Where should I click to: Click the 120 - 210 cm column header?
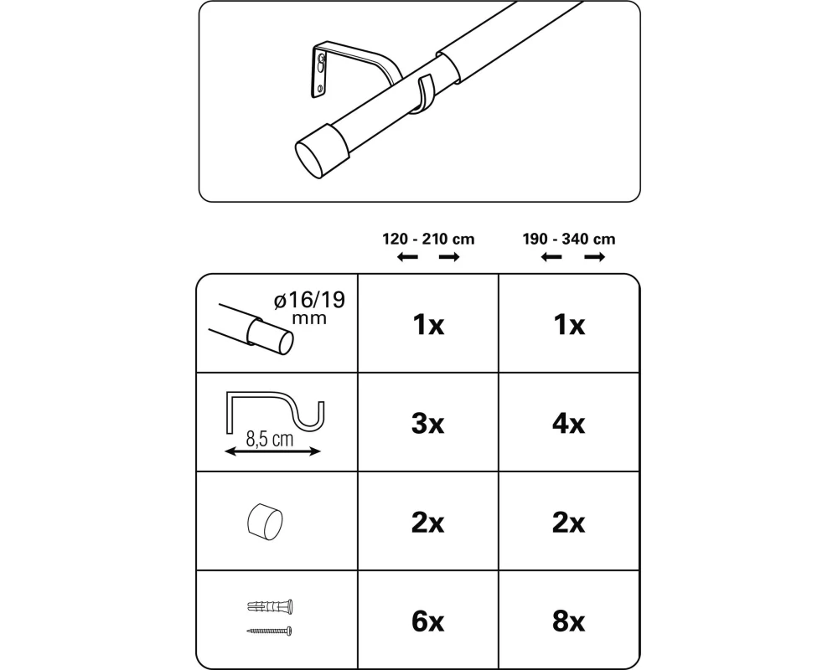(x=428, y=239)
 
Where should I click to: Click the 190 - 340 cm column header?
(x=569, y=239)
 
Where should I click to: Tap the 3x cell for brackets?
(x=427, y=424)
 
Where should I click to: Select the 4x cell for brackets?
(x=569, y=424)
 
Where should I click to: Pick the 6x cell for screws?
(x=427, y=621)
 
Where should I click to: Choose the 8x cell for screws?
(x=569, y=621)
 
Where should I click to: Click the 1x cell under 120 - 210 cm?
(x=428, y=324)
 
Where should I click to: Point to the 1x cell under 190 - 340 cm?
(x=569, y=324)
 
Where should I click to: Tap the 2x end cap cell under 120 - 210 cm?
(x=427, y=523)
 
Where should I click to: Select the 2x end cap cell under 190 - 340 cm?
(x=569, y=523)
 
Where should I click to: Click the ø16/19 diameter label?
(x=309, y=301)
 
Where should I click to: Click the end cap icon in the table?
(x=265, y=522)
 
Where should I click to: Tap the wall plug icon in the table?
(x=271, y=606)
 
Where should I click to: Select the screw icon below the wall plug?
(x=269, y=631)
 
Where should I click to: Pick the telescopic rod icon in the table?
(x=251, y=328)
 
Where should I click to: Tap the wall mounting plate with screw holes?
(x=319, y=72)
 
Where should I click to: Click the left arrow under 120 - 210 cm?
(x=408, y=257)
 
